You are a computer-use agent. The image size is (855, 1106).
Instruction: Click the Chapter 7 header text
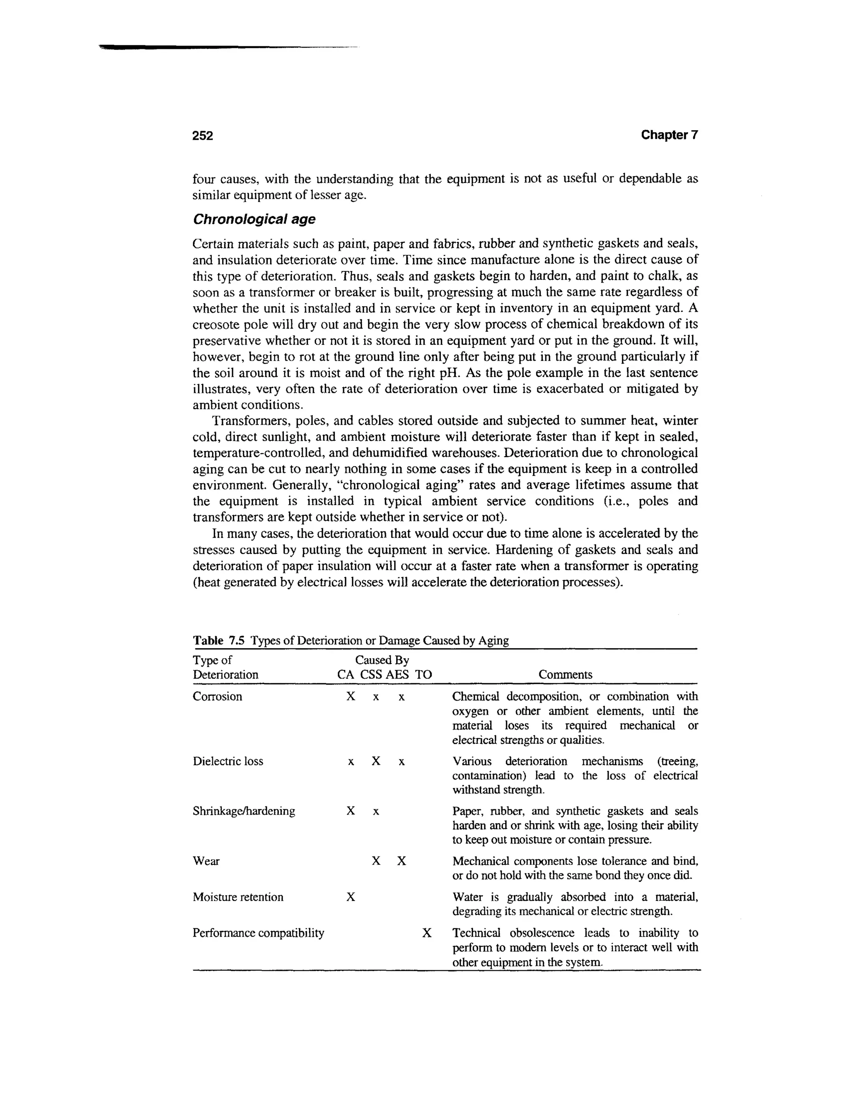669,135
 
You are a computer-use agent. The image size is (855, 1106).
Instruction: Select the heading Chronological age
254,219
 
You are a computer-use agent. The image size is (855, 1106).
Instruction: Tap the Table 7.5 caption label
218,641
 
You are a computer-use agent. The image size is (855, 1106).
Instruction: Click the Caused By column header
382,660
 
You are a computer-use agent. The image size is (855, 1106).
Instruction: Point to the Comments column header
565,674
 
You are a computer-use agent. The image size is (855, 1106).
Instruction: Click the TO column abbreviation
423,674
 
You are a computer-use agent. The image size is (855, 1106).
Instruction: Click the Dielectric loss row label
228,761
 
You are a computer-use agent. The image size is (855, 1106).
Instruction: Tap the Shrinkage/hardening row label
244,811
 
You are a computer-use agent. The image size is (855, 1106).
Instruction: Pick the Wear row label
206,861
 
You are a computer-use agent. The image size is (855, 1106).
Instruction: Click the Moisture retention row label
238,897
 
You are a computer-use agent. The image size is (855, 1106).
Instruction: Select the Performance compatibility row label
258,933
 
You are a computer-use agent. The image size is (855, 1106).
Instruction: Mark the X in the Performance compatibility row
427,933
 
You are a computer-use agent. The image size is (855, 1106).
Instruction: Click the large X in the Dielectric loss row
376,761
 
